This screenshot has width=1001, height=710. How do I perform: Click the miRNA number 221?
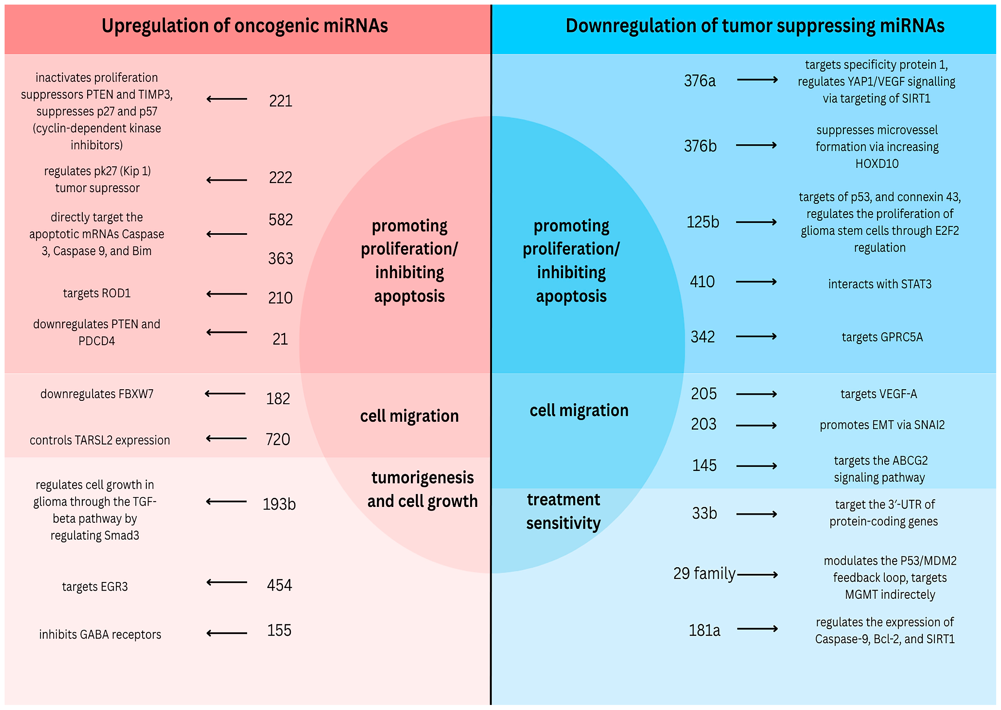(x=280, y=101)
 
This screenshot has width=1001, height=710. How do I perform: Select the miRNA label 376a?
(x=699, y=81)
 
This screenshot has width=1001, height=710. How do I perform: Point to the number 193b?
(x=279, y=504)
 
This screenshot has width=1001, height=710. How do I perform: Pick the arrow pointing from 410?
(x=756, y=282)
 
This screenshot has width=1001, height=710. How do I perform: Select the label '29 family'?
(x=704, y=573)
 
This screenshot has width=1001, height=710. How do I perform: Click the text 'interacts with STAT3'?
(x=880, y=284)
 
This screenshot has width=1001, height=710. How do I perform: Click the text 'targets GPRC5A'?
(x=882, y=337)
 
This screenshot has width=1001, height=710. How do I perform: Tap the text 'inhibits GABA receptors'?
(x=100, y=634)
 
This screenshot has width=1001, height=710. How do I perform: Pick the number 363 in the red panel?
(x=280, y=258)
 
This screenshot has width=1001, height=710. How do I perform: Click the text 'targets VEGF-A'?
(x=879, y=394)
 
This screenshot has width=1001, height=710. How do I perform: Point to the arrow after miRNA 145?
(x=756, y=466)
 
